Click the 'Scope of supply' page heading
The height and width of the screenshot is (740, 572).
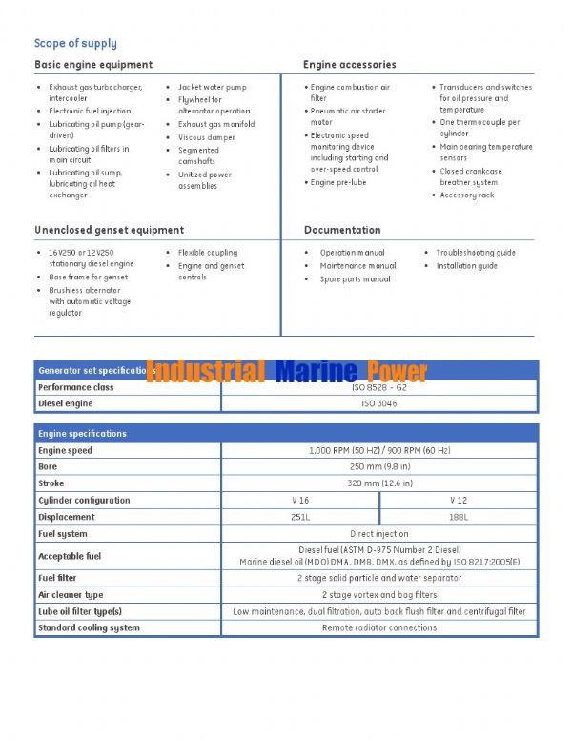click(75, 43)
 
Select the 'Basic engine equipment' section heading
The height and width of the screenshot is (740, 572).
click(93, 65)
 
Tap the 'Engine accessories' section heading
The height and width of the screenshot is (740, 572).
click(349, 65)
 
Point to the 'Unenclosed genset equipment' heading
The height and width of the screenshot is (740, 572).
click(109, 230)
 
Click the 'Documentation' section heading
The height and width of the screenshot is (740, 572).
click(342, 230)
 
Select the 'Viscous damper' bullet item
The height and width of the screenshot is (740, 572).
click(206, 137)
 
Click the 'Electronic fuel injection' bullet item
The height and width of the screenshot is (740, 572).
click(90, 111)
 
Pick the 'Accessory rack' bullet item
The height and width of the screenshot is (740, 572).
click(466, 195)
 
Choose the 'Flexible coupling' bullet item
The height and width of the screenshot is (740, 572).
click(208, 253)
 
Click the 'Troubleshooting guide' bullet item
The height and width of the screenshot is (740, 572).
click(476, 253)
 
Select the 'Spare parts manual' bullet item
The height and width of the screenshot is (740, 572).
click(355, 279)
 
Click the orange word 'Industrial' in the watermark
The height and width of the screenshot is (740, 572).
click(206, 371)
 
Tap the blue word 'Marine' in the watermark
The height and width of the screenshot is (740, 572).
click(316, 371)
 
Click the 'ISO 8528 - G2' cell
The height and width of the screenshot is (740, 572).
click(379, 388)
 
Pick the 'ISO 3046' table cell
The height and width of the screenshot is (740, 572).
click(379, 404)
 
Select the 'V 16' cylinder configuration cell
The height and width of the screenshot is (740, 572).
click(300, 500)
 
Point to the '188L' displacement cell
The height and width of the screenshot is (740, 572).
click(459, 517)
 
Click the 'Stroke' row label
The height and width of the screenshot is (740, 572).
click(51, 483)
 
